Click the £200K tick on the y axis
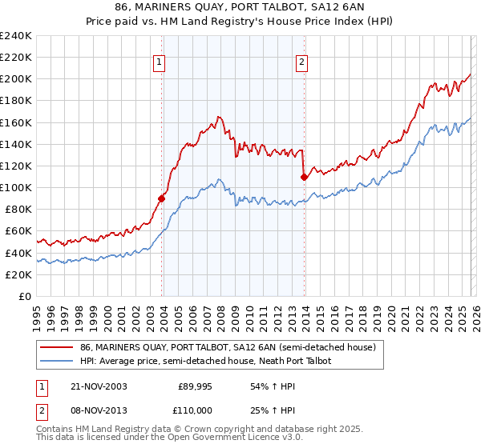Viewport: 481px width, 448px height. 15,79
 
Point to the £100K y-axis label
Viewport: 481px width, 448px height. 15,187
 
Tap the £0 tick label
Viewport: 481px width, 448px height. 25,296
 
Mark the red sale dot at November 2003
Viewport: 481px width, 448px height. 162,198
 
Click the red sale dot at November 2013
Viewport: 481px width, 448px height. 304,177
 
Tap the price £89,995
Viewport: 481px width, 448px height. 195,386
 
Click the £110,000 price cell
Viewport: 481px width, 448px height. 195,409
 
